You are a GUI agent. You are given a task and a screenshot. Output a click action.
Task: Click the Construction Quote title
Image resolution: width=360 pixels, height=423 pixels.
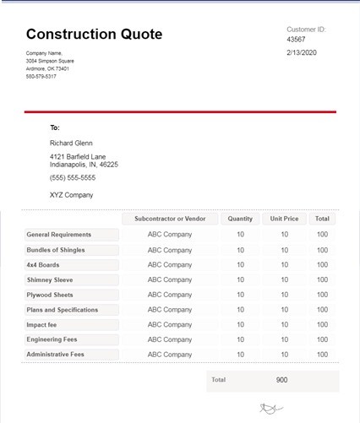[x=94, y=35]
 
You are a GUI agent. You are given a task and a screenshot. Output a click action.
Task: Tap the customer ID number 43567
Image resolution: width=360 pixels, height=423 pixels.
[x=296, y=40]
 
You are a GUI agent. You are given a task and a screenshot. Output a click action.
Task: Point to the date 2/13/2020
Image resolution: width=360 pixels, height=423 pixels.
[x=302, y=52]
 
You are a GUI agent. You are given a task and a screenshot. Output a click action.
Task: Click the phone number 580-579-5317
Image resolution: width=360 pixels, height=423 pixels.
[x=41, y=77]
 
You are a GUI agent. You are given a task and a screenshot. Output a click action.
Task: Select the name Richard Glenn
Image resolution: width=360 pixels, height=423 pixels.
[x=71, y=144]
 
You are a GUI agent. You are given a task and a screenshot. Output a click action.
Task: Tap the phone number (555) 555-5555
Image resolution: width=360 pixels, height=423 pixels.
[x=73, y=178]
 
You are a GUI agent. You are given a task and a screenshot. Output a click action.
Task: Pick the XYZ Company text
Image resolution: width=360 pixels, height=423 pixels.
[x=71, y=195]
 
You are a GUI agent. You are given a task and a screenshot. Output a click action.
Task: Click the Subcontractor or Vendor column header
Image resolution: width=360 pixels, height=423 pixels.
[x=170, y=219]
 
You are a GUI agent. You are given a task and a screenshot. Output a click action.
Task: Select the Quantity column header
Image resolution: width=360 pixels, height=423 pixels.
[x=240, y=219]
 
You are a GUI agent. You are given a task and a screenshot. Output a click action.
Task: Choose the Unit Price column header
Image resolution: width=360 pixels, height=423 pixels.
[x=284, y=219]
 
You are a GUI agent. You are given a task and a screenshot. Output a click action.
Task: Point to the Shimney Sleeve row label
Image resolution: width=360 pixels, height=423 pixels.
[x=50, y=279]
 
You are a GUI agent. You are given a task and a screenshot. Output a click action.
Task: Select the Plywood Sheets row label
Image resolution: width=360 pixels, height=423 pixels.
[x=50, y=295]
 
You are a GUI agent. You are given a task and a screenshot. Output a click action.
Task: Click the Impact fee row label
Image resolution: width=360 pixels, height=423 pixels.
[x=41, y=324]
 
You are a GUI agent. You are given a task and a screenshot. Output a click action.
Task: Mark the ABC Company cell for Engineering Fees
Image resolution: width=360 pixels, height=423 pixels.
[x=170, y=339]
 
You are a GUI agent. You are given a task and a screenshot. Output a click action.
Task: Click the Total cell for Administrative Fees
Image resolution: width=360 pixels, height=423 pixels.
[x=322, y=355]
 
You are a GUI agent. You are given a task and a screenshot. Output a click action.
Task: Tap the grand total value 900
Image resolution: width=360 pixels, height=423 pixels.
[x=281, y=380]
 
